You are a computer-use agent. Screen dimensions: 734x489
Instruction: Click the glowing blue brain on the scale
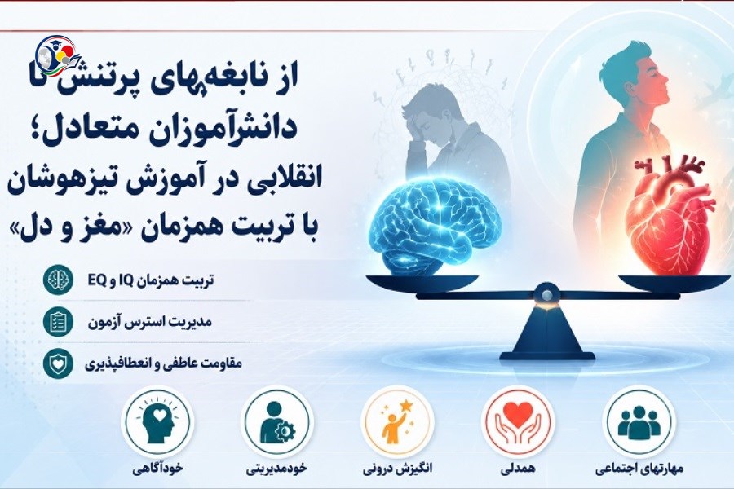(435, 229)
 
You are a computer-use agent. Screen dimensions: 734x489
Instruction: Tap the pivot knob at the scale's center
(546, 294)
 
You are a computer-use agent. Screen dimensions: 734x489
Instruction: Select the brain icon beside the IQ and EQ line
(58, 280)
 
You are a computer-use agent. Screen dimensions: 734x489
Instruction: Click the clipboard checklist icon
(58, 321)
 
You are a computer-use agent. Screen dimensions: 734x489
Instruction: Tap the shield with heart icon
(58, 363)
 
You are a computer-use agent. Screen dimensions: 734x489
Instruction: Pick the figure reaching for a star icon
(397, 421)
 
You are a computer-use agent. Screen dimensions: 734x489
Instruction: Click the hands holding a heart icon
(518, 421)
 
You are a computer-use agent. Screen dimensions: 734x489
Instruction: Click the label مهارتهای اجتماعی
(639, 469)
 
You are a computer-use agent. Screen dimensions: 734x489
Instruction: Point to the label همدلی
(518, 469)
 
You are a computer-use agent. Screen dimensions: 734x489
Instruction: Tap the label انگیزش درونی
(397, 468)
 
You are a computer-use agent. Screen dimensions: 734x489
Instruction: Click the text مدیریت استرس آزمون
(150, 322)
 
